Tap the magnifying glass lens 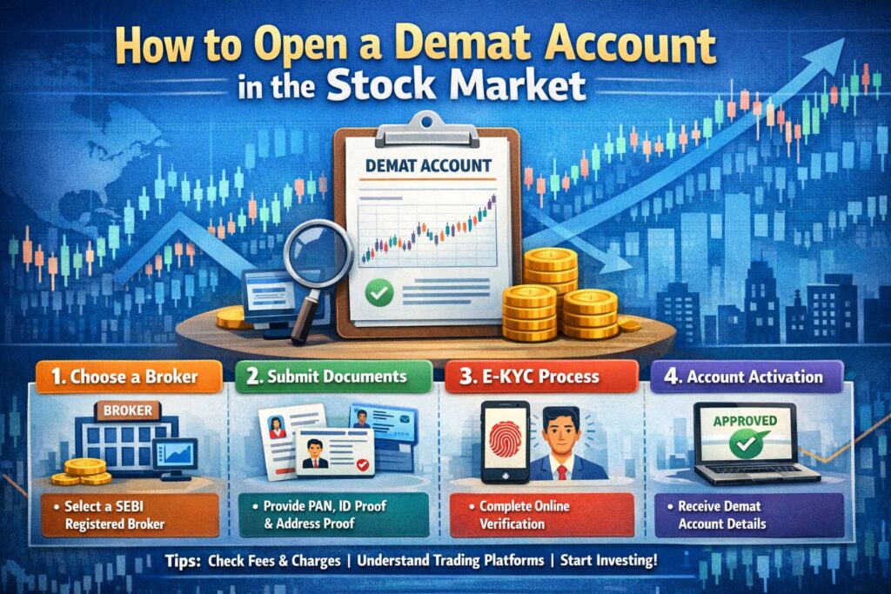coord(318,253)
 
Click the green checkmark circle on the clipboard coord(379,293)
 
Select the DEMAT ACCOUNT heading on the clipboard coord(428,166)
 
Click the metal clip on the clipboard coord(427,130)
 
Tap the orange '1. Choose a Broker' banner coord(129,377)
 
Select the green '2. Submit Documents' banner coord(333,377)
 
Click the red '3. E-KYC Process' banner coord(541,377)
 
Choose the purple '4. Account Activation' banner coord(746,377)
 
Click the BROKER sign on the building coord(128,410)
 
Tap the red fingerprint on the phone coord(506,438)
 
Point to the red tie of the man coord(562,472)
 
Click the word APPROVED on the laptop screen coord(745,421)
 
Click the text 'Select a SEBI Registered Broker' coord(111,515)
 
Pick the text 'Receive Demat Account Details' coord(718,515)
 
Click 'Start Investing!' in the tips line coord(608,560)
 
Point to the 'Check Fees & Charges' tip coord(274,561)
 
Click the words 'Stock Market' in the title coord(456,85)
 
